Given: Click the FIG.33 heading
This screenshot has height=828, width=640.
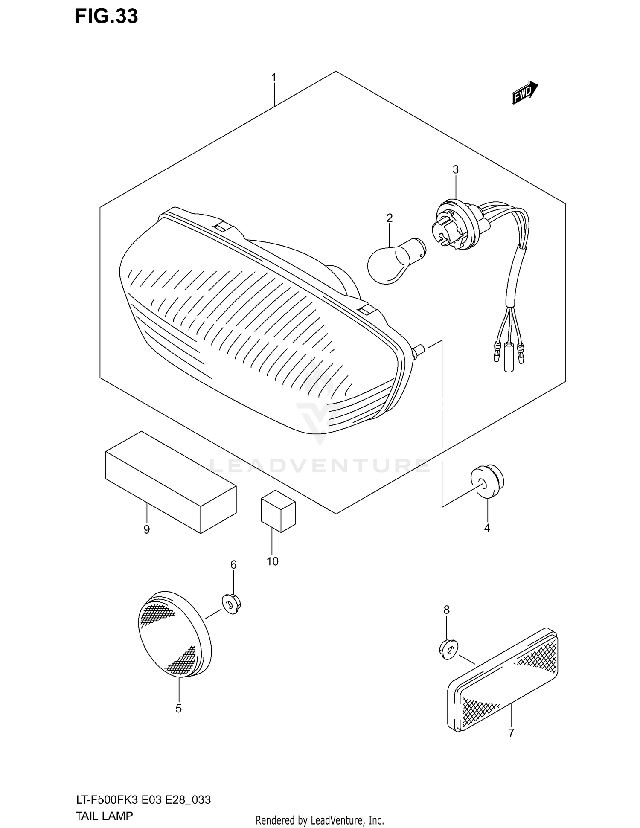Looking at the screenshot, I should pos(106,16).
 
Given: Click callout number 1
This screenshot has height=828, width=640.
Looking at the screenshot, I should pos(273,78).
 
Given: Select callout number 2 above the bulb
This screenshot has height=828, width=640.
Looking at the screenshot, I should pos(389,218).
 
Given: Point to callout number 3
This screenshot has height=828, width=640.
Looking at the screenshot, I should pos(455,170).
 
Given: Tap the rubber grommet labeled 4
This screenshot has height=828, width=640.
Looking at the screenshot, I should pos(486,481).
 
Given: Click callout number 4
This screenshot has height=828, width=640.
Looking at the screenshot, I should pos(487,528).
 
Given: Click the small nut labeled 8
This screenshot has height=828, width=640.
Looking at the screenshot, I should pos(447,649).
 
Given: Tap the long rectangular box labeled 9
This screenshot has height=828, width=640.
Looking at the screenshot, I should pos(171,482).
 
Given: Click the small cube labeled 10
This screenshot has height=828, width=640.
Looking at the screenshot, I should pos(278,511).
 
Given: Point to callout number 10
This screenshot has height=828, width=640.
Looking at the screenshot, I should pos(272,561).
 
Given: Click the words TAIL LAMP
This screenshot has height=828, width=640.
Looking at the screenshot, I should pos(104,816).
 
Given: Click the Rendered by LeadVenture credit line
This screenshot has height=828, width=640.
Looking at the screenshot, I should pos(320,820).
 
